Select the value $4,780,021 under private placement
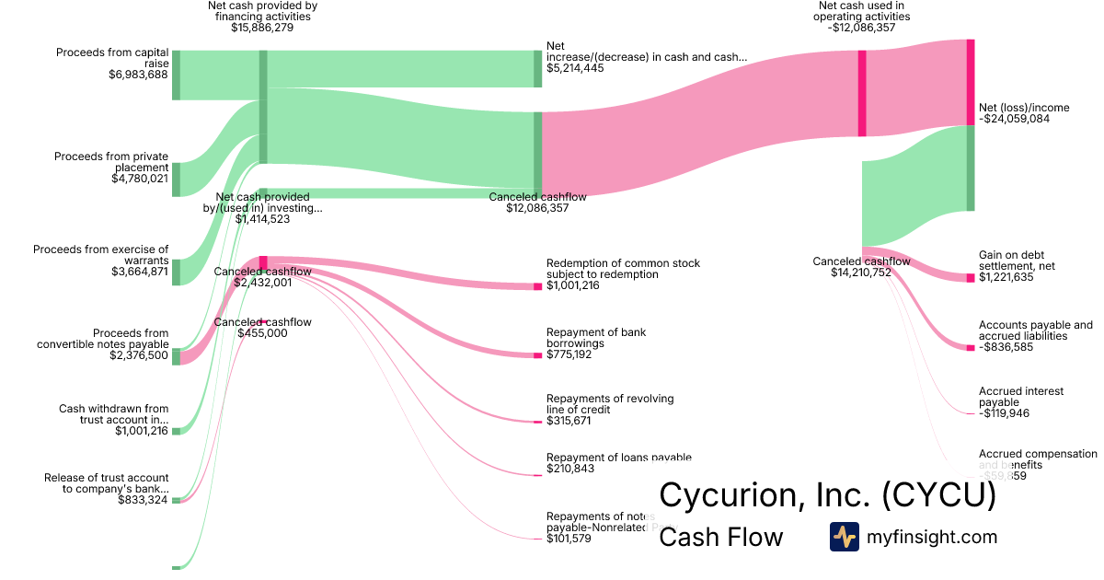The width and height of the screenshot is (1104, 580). pyautogui.click(x=139, y=179)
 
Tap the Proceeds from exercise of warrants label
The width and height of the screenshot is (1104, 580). pyautogui.click(x=101, y=255)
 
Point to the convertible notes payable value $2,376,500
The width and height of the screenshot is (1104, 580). pyautogui.click(x=140, y=355)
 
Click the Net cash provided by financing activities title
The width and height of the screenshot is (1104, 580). pyautogui.click(x=262, y=11)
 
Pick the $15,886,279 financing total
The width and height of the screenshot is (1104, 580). pyautogui.click(x=262, y=28)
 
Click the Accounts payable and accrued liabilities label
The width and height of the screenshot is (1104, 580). pyautogui.click(x=1035, y=331)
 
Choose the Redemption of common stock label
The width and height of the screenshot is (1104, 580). pyautogui.click(x=623, y=269)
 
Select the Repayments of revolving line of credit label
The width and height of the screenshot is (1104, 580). pyautogui.click(x=609, y=404)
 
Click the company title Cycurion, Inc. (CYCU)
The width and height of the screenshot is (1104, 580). pyautogui.click(x=827, y=495)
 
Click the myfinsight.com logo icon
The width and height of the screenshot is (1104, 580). pyautogui.click(x=844, y=537)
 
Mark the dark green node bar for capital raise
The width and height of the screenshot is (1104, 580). pyautogui.click(x=176, y=75)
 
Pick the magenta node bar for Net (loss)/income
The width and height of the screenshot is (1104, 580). pyautogui.click(x=971, y=82)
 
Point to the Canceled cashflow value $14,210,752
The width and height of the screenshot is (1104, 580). pyautogui.click(x=861, y=273)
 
